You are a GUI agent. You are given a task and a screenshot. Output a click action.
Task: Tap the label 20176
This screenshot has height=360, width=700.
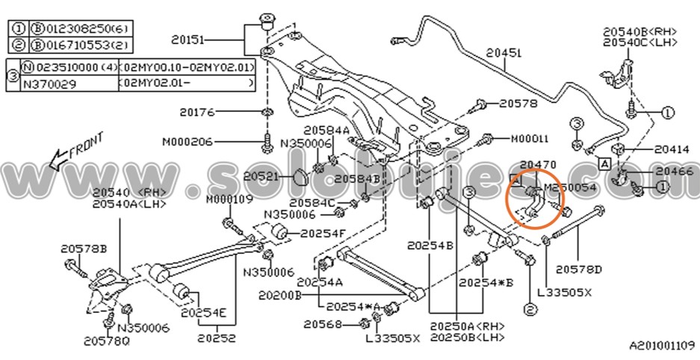(x=197, y=112)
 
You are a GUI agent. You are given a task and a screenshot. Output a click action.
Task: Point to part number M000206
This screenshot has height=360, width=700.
(x=188, y=141)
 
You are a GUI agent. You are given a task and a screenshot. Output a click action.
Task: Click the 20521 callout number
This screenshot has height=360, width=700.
(x=261, y=177)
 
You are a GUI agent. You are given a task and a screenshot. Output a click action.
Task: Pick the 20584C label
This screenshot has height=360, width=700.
(x=311, y=202)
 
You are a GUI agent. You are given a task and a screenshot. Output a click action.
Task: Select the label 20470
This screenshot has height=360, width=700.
(x=538, y=164)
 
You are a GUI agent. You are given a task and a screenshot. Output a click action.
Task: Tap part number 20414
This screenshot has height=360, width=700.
(x=672, y=149)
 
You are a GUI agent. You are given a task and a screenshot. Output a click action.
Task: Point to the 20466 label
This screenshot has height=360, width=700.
(x=672, y=172)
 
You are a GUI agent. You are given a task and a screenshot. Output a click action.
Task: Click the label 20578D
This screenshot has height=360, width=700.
(x=579, y=267)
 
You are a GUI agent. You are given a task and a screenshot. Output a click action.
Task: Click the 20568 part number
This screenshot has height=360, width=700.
(x=323, y=324)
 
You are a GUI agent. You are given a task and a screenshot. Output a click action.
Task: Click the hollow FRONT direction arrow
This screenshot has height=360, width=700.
(x=54, y=158)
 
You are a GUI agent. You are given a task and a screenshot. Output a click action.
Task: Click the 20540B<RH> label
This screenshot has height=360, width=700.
(x=640, y=31)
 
